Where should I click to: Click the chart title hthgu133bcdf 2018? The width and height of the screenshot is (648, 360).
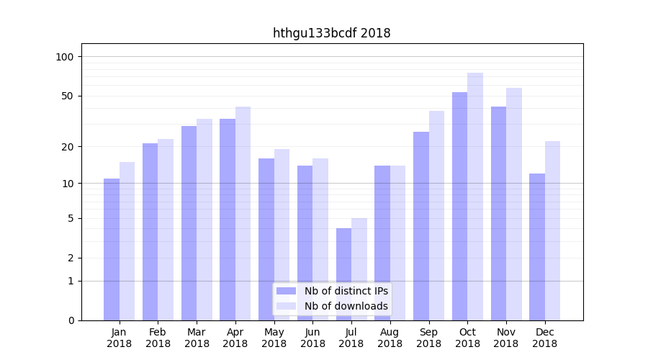point(331,33)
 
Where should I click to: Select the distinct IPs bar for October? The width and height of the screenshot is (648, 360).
point(459,206)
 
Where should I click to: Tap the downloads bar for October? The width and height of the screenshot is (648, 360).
point(475,197)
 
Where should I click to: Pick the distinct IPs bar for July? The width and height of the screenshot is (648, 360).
point(343,274)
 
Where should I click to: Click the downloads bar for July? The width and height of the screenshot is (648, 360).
point(359,269)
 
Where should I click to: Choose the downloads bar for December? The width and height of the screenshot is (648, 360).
point(552,230)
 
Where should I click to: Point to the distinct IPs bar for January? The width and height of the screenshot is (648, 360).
point(112,249)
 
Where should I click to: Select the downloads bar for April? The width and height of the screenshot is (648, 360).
point(243,213)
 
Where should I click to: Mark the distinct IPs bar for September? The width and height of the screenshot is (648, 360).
point(421,226)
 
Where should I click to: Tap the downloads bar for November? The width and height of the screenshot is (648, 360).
point(514,204)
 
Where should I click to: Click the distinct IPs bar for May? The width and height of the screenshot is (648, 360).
point(266,239)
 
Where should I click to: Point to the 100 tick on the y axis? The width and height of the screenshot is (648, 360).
point(70,57)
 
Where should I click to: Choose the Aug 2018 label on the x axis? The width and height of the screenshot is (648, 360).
point(390,338)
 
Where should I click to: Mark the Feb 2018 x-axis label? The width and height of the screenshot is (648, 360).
point(158,338)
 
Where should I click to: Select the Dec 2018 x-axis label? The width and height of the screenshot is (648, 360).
point(545,338)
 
